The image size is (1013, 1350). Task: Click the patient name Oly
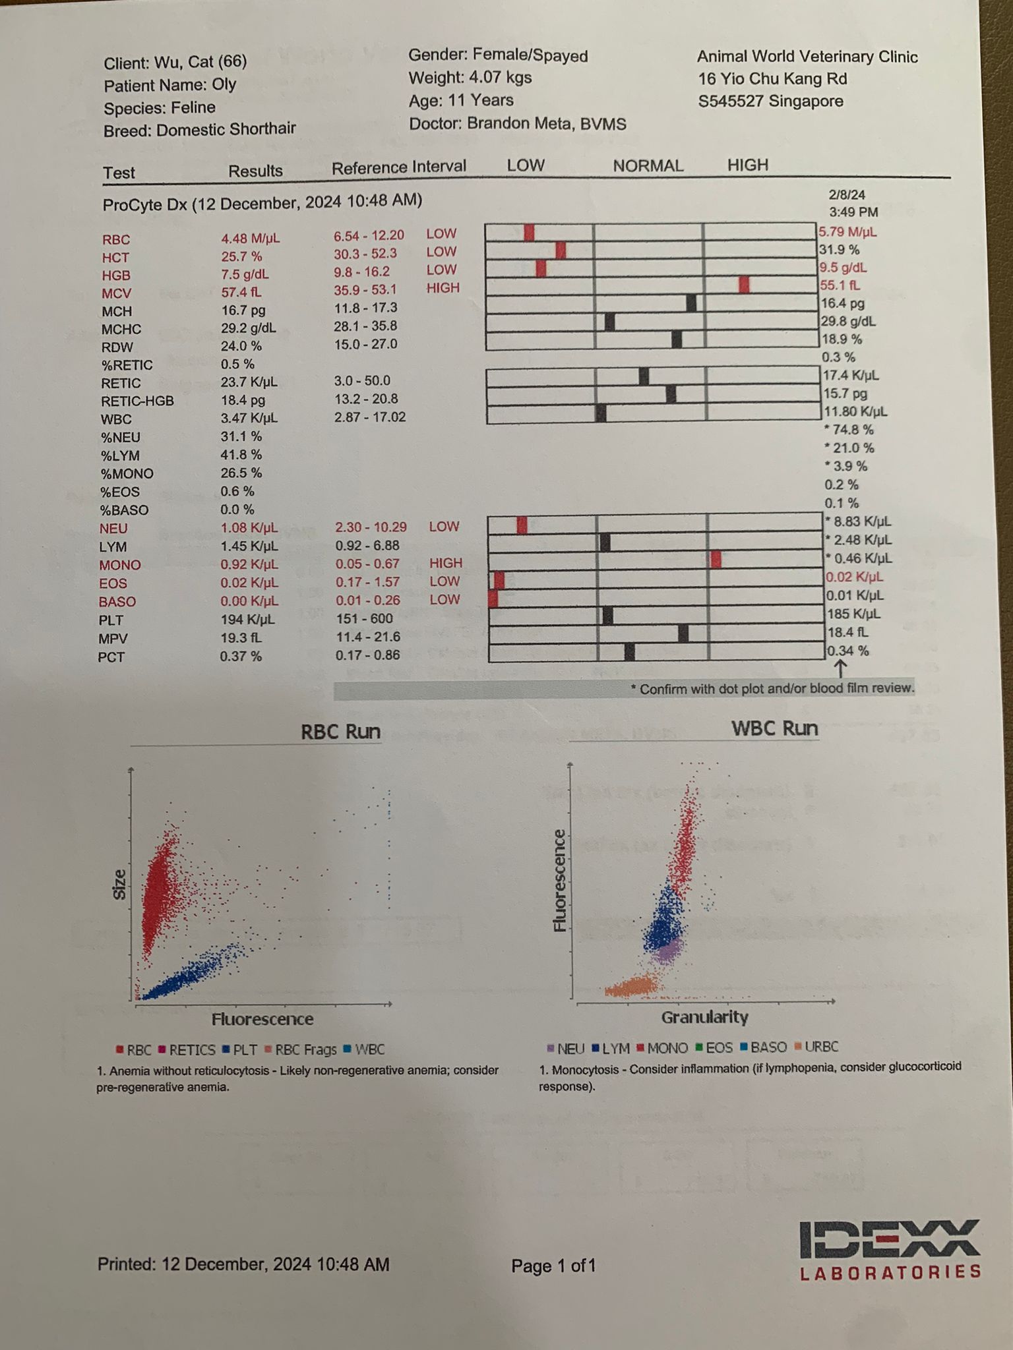coord(224,85)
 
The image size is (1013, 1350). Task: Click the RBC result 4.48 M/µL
coord(251,239)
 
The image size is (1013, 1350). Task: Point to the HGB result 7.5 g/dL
coord(245,275)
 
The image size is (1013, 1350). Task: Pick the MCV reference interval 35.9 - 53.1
coord(365,289)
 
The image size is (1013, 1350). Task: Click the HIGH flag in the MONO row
coord(446,563)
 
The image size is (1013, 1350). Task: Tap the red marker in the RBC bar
coord(529,232)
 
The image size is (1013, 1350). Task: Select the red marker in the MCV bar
coord(744,285)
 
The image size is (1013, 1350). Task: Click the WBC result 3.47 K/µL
coord(249,418)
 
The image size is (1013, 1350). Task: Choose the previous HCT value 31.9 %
coord(840,250)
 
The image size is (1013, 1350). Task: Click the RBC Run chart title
coord(340,732)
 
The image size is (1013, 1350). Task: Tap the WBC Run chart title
coord(774,728)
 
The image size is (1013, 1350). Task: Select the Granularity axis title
coord(704,1017)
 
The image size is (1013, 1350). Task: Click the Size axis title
coord(119,885)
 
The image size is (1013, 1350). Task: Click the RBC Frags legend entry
coord(301,1049)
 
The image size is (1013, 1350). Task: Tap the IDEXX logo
coord(890,1250)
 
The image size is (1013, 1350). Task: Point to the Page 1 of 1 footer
coord(553,1266)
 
